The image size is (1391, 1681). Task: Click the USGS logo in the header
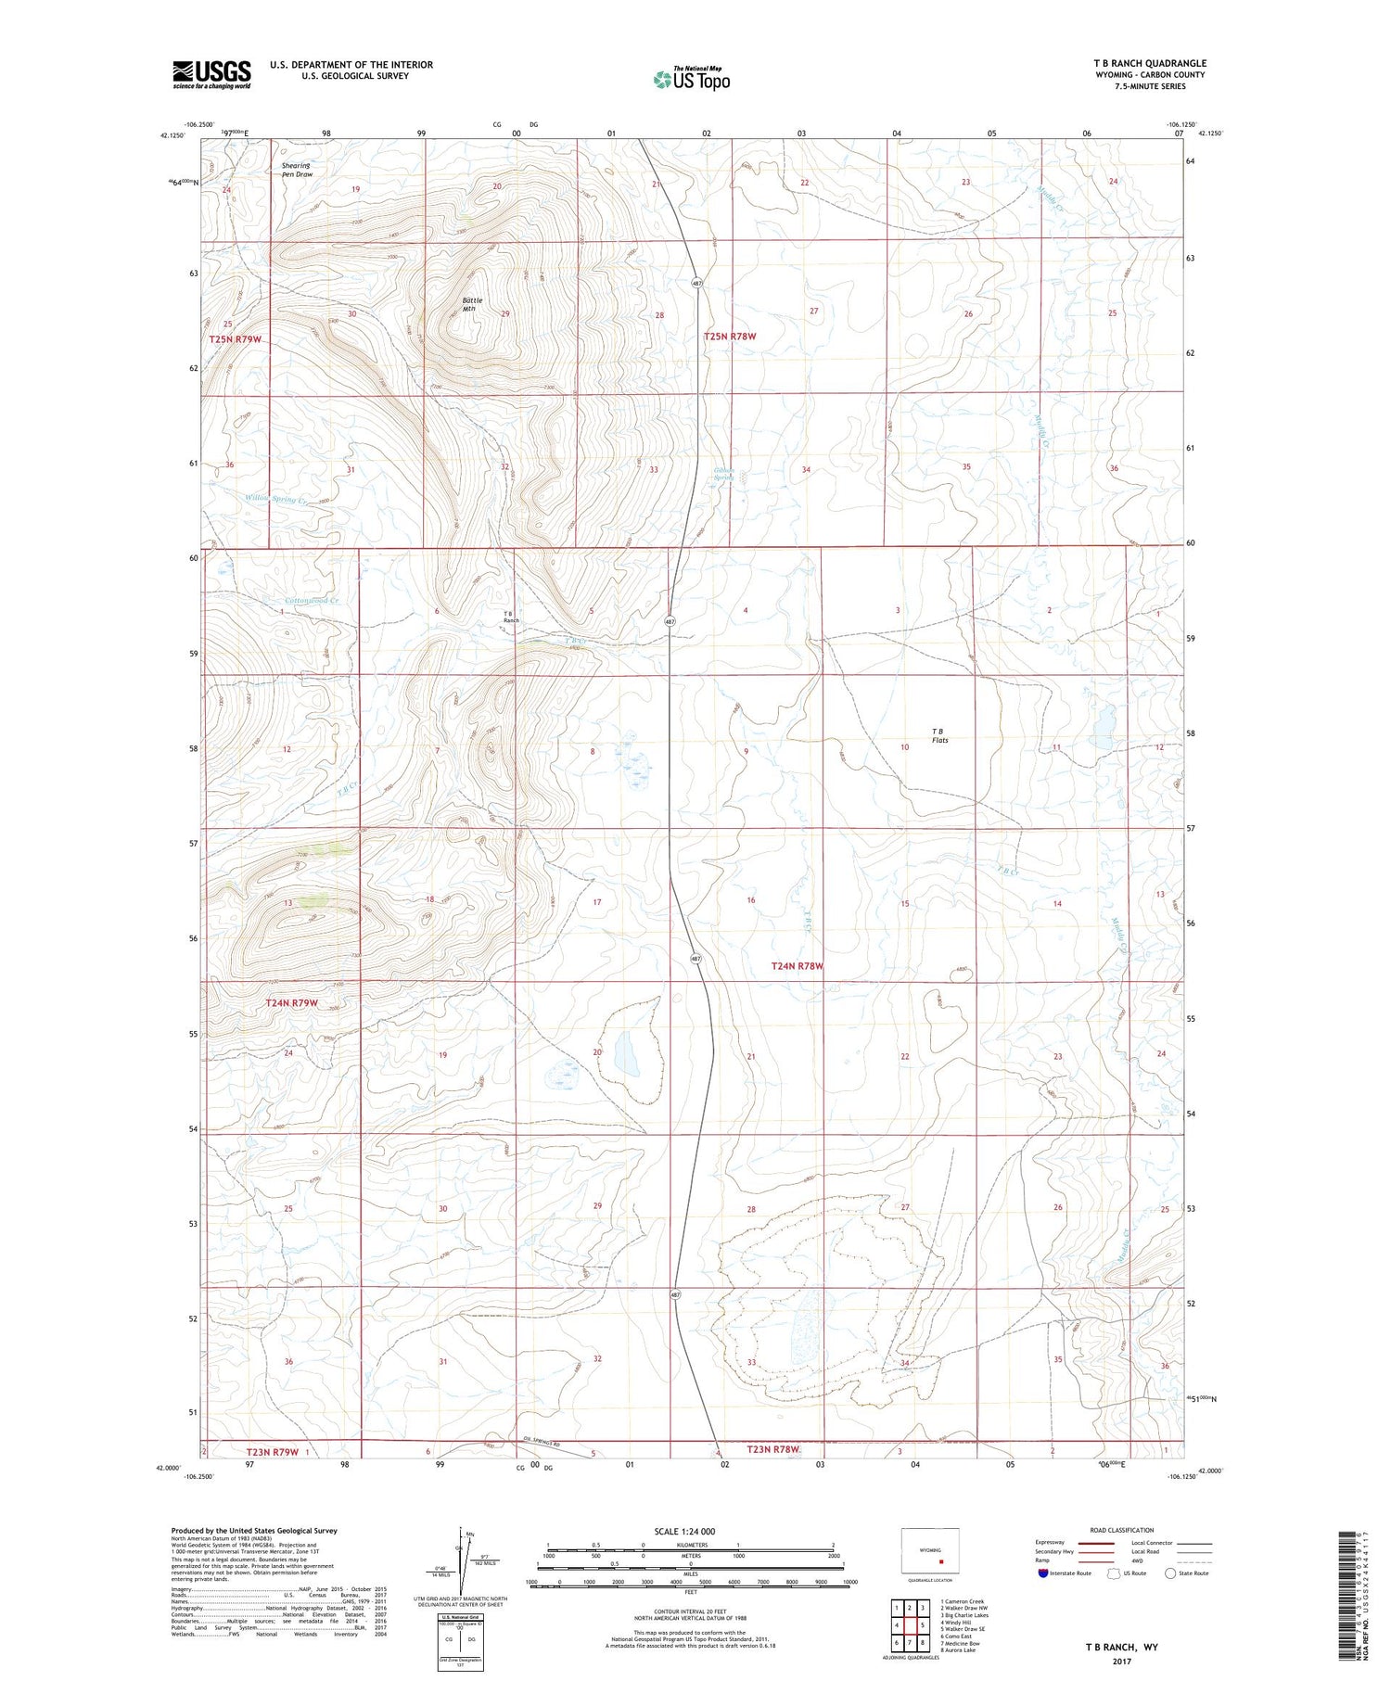[211, 75]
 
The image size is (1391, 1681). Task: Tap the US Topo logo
[691, 80]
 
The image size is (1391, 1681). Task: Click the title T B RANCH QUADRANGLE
[1149, 63]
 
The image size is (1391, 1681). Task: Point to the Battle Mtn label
[472, 304]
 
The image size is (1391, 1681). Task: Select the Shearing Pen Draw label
[298, 170]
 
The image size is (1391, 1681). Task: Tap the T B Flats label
[939, 735]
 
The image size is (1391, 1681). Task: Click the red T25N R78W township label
[730, 337]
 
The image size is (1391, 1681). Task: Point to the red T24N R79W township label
[292, 1003]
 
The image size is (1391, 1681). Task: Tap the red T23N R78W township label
[772, 1449]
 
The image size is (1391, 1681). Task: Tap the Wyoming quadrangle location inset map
[929, 1551]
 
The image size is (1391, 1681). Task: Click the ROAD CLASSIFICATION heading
[1122, 1530]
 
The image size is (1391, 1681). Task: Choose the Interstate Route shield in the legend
[1043, 1573]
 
